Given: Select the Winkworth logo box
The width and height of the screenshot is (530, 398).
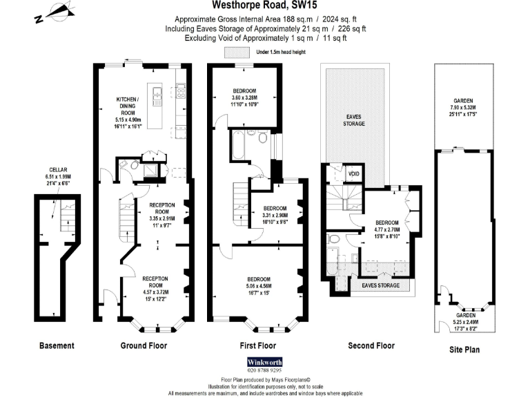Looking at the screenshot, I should click(x=265, y=361).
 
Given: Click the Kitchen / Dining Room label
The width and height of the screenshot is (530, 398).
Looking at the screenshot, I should click(x=127, y=107).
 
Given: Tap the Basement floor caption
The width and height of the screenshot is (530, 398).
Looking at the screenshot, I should click(x=57, y=345).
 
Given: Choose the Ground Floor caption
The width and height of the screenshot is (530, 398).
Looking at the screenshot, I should click(x=144, y=345).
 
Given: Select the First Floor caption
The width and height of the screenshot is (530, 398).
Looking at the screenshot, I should click(x=257, y=345).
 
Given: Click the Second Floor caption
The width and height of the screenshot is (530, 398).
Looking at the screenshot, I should click(x=371, y=345).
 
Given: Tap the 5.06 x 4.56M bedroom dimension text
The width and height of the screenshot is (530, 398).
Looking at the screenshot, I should click(x=258, y=285).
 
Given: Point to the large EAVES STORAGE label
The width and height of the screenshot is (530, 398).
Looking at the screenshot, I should click(x=355, y=120).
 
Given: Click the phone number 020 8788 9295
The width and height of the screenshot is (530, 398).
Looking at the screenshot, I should click(x=265, y=370).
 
